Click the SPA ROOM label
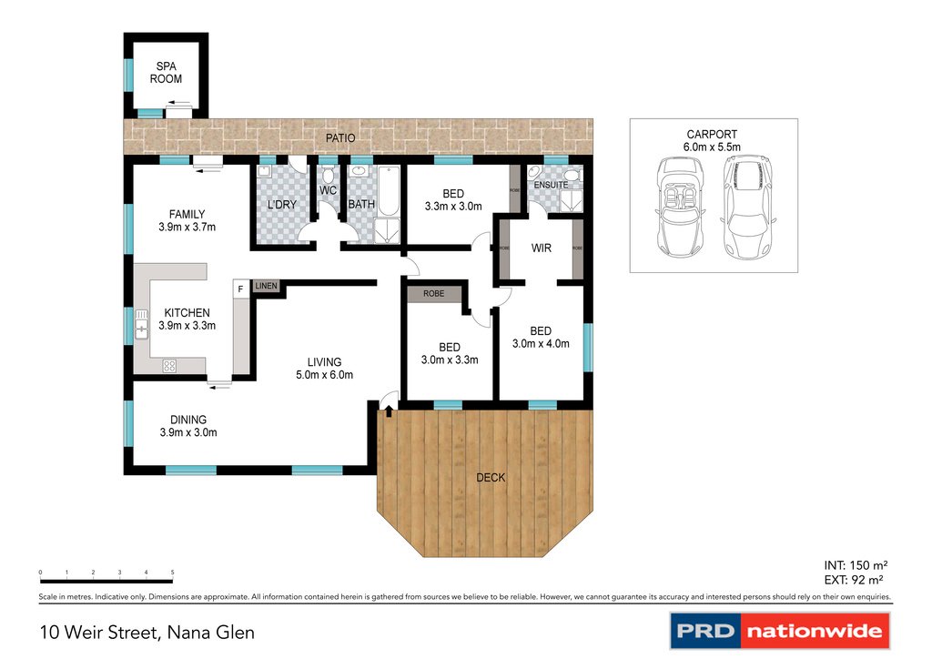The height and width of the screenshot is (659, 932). (167, 73)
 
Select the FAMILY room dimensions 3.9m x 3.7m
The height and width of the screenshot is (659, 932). (187, 228)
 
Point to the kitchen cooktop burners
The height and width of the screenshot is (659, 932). (169, 366)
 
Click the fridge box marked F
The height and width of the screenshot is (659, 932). (240, 289)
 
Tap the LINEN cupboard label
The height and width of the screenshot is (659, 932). (266, 287)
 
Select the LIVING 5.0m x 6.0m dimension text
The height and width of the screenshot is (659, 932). (323, 375)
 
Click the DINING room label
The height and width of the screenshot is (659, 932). (187, 420)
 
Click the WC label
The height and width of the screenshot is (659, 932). (328, 191)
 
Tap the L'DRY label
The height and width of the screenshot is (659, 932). (282, 205)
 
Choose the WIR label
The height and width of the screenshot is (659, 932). (542, 248)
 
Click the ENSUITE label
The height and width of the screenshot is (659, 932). (551, 185)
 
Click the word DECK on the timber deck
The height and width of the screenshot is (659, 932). (491, 478)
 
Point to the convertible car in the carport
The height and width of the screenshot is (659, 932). (677, 207)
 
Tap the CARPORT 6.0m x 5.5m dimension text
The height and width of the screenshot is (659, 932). (713, 147)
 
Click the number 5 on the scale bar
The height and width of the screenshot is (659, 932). (173, 572)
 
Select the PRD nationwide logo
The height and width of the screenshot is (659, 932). (779, 630)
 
